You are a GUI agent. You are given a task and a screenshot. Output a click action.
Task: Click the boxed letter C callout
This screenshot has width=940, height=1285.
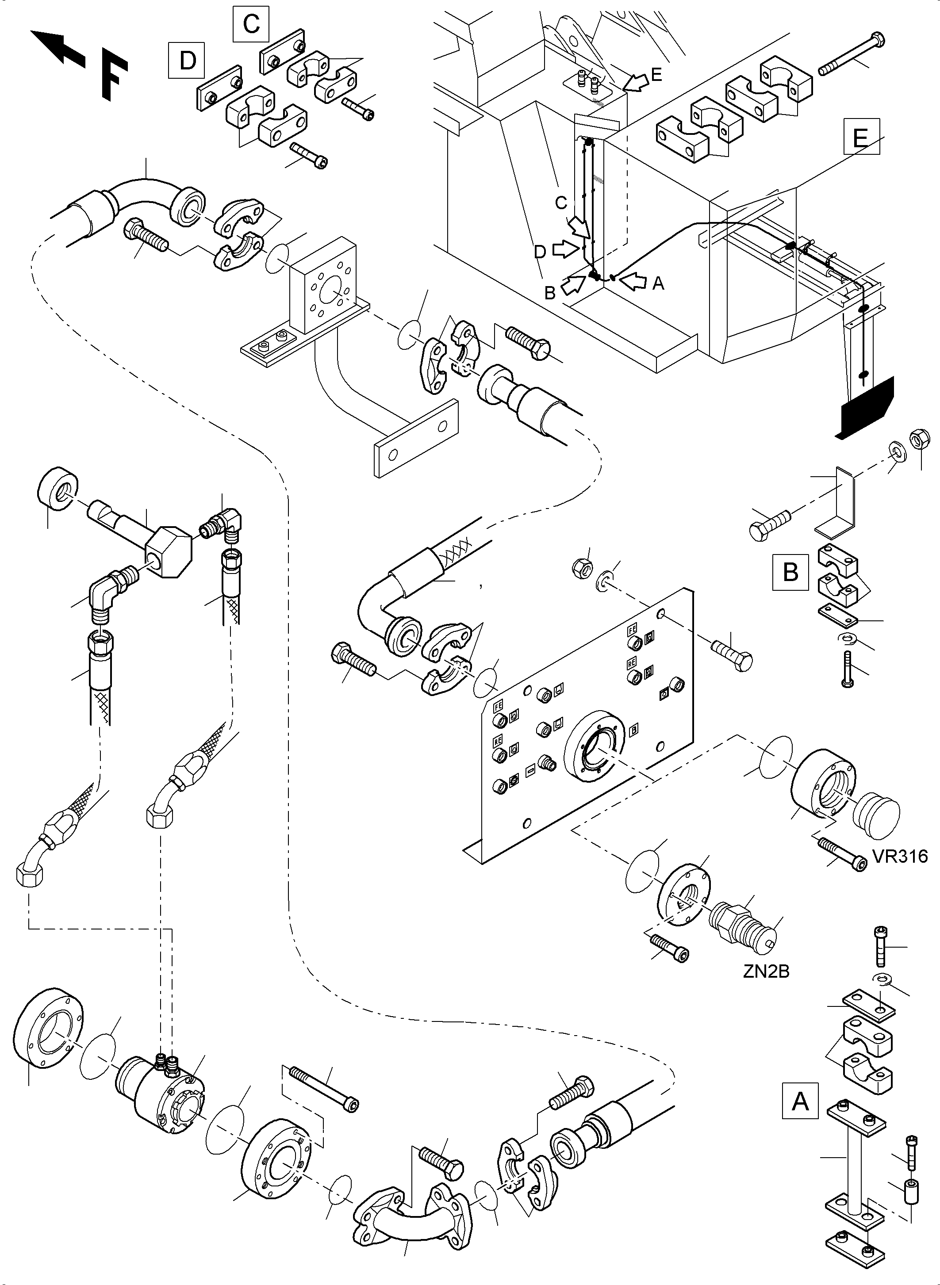[251, 24]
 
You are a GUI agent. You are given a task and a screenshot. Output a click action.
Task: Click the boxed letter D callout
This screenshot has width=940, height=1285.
[187, 60]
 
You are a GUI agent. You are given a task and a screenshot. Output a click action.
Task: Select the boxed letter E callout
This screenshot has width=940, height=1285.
[861, 137]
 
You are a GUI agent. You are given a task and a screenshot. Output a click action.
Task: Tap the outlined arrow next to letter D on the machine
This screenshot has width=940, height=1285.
[564, 249]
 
